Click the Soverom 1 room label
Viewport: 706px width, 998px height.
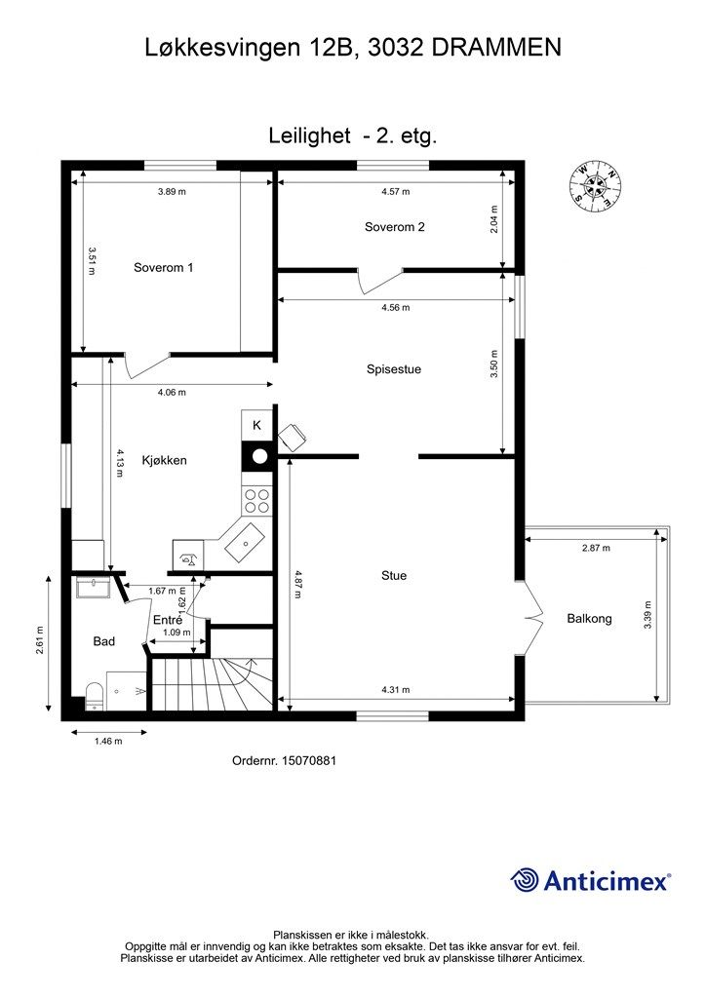(163, 266)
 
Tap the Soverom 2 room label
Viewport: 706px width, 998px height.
(394, 227)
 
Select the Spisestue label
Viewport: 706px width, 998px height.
(393, 368)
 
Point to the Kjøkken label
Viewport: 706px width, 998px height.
(164, 460)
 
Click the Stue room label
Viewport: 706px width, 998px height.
(393, 575)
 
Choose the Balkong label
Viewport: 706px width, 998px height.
(589, 618)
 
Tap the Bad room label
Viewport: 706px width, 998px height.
(103, 641)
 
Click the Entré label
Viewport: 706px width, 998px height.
(168, 620)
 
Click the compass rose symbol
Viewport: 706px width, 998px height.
(595, 185)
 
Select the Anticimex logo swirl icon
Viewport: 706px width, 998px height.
(525, 880)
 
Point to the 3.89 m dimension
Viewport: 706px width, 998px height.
(172, 192)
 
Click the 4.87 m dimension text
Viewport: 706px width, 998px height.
(297, 583)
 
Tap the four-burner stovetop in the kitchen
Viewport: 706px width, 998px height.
(256, 500)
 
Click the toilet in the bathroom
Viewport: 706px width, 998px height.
(95, 696)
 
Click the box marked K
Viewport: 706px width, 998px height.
(256, 425)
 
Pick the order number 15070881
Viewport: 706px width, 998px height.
(285, 761)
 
